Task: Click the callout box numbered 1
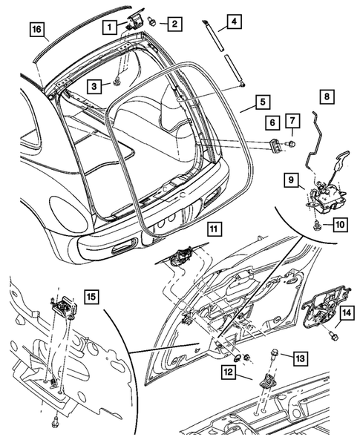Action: coord(109,26)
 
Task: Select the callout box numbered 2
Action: coord(173,24)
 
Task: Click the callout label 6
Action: coord(272,122)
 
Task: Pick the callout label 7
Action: coord(292,122)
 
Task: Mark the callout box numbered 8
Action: coord(327,96)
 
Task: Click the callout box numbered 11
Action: coord(213,228)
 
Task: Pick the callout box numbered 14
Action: coord(345,313)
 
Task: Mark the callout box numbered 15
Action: coord(91,298)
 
